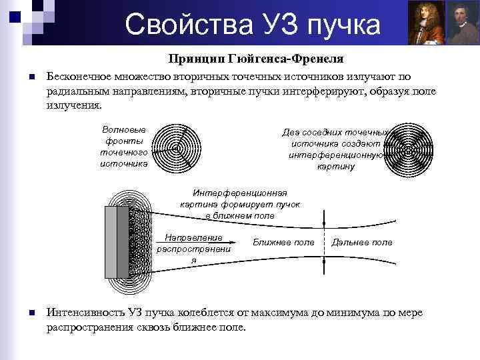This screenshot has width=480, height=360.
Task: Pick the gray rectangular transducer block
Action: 117,242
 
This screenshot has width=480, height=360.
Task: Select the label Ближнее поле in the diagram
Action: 283,242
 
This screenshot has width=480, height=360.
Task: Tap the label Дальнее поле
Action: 362,242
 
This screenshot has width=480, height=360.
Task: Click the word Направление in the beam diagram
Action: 193,237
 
